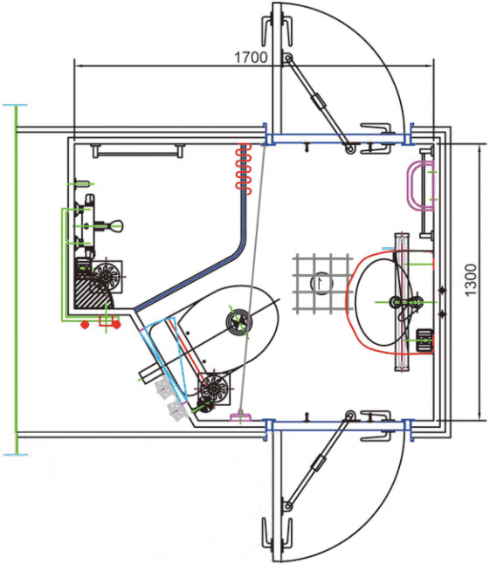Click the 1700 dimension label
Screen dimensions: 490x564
(251, 58)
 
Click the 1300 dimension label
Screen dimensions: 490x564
(471, 280)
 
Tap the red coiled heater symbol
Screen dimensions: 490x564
(243, 169)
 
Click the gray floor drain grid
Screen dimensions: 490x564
(322, 283)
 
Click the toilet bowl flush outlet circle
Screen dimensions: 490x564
(239, 321)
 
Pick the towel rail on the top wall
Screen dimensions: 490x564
(138, 151)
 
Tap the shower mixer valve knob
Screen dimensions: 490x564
(116, 226)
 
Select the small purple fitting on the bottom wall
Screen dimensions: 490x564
(240, 416)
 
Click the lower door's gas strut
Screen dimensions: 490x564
(318, 462)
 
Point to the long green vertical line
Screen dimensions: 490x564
(16, 280)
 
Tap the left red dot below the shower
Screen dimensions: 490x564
(85, 325)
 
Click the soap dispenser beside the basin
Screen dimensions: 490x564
(424, 340)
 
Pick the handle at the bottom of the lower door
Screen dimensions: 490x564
(276, 533)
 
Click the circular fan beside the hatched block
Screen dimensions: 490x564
(107, 276)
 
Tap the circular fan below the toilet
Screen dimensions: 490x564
(214, 389)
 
